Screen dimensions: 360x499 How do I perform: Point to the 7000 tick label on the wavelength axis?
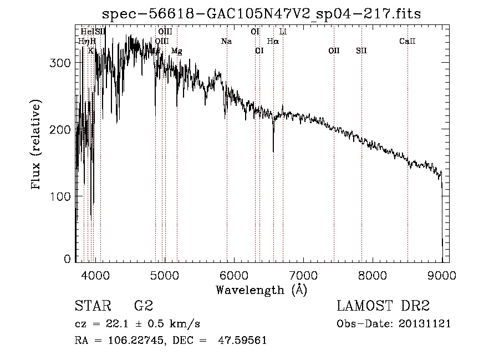[303, 273]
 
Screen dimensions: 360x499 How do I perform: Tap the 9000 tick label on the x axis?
[442, 273]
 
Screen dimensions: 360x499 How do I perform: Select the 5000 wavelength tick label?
[164, 273]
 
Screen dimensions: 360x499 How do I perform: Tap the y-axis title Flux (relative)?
[37, 145]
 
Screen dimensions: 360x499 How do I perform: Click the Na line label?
[226, 42]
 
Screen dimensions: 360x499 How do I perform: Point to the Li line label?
[283, 32]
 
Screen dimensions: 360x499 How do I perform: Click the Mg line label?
[176, 51]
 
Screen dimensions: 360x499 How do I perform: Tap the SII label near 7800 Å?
[361, 51]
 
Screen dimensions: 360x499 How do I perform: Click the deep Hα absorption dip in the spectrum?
[273, 149]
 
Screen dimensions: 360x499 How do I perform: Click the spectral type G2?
[143, 306]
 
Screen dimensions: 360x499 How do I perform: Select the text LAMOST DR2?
[383, 306]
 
